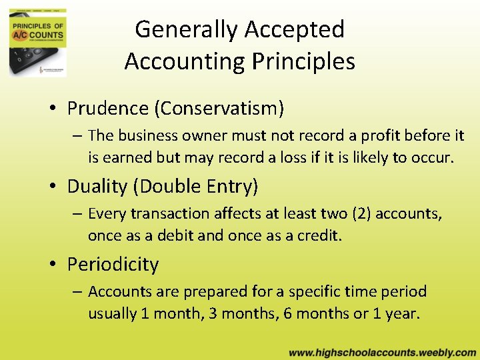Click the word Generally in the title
click(x=186, y=30)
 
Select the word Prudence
click(x=107, y=107)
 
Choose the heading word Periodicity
click(x=113, y=264)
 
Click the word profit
click(x=383, y=136)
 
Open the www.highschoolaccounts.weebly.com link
click(x=382, y=352)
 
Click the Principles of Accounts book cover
click(x=38, y=42)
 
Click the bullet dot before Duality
click(x=51, y=187)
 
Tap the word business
click(x=145, y=136)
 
